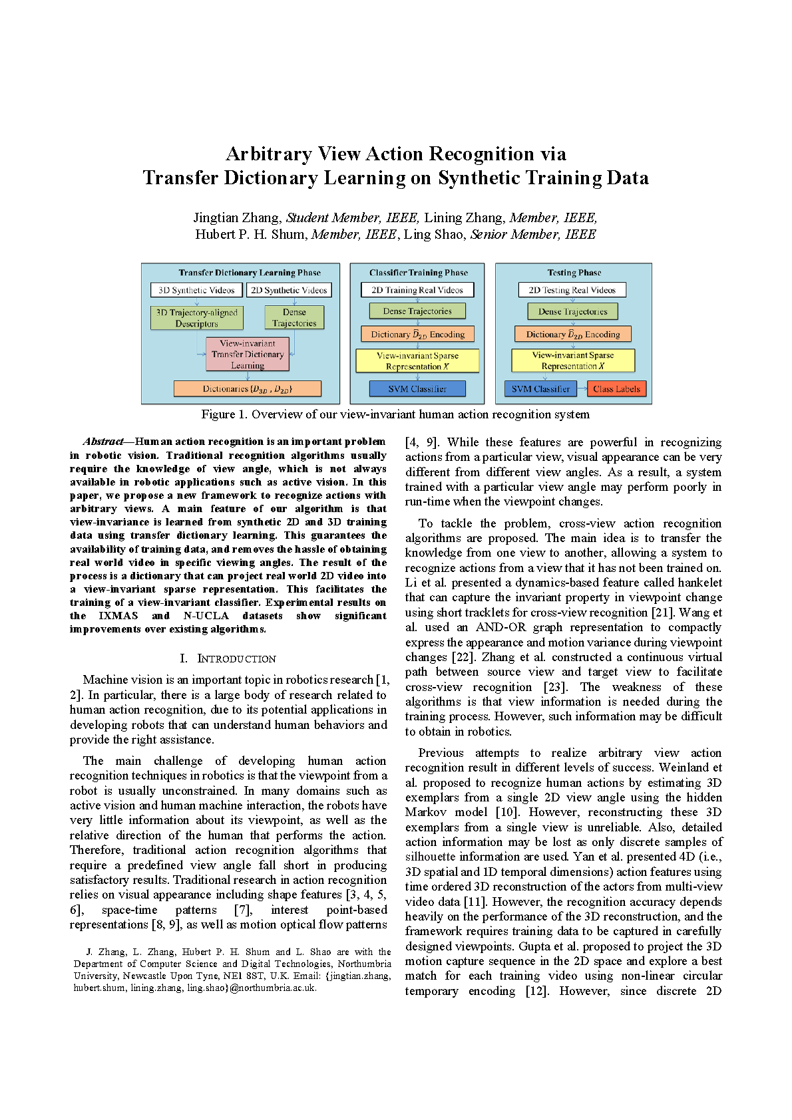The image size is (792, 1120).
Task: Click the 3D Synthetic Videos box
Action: tap(196, 290)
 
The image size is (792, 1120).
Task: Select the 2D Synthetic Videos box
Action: tap(289, 290)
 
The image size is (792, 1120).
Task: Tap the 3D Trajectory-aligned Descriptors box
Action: tap(196, 318)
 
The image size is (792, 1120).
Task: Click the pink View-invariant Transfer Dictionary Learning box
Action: tap(248, 354)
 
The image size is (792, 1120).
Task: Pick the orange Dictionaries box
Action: tap(248, 389)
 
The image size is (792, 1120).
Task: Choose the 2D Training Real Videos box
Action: tap(417, 290)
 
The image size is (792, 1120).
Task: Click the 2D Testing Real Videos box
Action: tap(572, 290)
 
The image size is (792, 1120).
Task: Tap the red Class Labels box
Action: tap(616, 389)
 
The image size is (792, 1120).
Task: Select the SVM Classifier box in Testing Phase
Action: tap(540, 389)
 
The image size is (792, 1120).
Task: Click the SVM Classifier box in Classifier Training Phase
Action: tap(417, 389)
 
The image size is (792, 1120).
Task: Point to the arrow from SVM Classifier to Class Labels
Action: tap(582, 389)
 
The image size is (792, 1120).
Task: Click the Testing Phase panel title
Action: tap(574, 273)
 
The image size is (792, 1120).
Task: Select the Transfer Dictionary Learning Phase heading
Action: tap(250, 273)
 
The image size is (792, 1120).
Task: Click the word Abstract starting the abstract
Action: tap(103, 442)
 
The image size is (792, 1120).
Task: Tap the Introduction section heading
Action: tap(228, 658)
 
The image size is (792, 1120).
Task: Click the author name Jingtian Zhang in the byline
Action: tap(237, 217)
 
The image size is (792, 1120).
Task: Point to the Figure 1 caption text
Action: tap(395, 414)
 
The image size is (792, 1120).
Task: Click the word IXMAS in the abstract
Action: tap(118, 616)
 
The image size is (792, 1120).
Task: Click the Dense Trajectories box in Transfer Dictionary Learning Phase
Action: tap(294, 317)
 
